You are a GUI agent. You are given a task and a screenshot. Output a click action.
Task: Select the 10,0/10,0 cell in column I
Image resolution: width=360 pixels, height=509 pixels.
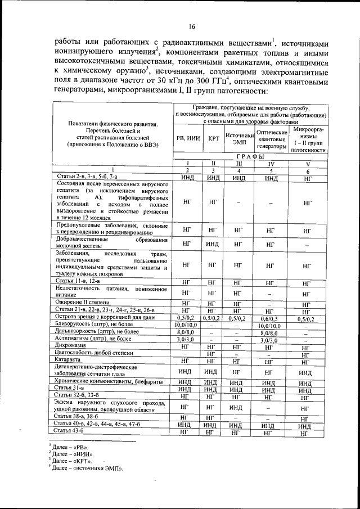187,325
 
